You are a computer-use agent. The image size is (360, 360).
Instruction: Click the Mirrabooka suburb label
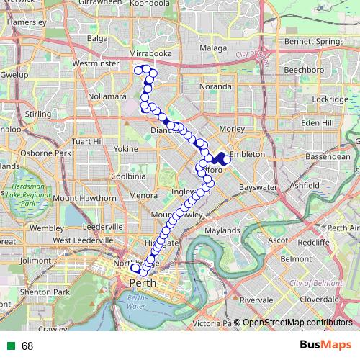click(150, 54)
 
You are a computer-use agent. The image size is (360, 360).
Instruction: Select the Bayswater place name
click(258, 187)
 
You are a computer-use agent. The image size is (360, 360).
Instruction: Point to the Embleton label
click(248, 155)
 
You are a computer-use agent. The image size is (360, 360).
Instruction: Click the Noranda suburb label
click(215, 86)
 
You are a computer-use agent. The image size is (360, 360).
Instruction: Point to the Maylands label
click(222, 230)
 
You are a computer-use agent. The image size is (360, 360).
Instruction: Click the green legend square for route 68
click(11, 346)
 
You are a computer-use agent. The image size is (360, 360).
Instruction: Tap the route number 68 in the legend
click(27, 346)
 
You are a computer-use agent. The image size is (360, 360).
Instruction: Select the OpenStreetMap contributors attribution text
click(297, 322)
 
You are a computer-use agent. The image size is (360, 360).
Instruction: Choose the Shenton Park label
click(45, 292)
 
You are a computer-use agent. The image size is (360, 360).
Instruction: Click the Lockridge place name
click(330, 99)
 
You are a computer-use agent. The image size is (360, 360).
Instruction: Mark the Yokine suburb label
click(125, 149)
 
